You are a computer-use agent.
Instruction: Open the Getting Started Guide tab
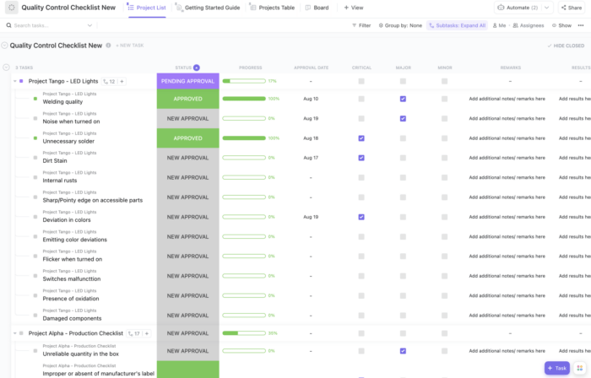(211, 7)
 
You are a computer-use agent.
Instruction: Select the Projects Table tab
(276, 7)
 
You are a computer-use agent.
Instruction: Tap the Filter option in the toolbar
(361, 25)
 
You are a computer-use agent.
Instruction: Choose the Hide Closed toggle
(566, 46)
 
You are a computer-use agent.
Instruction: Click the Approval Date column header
(311, 67)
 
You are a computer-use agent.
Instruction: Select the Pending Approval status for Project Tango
(187, 81)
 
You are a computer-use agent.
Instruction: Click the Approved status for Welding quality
(187, 99)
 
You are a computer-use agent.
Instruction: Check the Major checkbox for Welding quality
(403, 99)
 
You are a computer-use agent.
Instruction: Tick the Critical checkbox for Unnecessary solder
(361, 138)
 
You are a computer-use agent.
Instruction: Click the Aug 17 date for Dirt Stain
(311, 158)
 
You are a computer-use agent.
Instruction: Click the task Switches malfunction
(72, 278)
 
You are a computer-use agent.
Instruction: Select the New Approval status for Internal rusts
(187, 177)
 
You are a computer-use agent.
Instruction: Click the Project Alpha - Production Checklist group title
(76, 333)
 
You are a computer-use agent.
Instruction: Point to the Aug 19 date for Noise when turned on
(311, 118)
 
